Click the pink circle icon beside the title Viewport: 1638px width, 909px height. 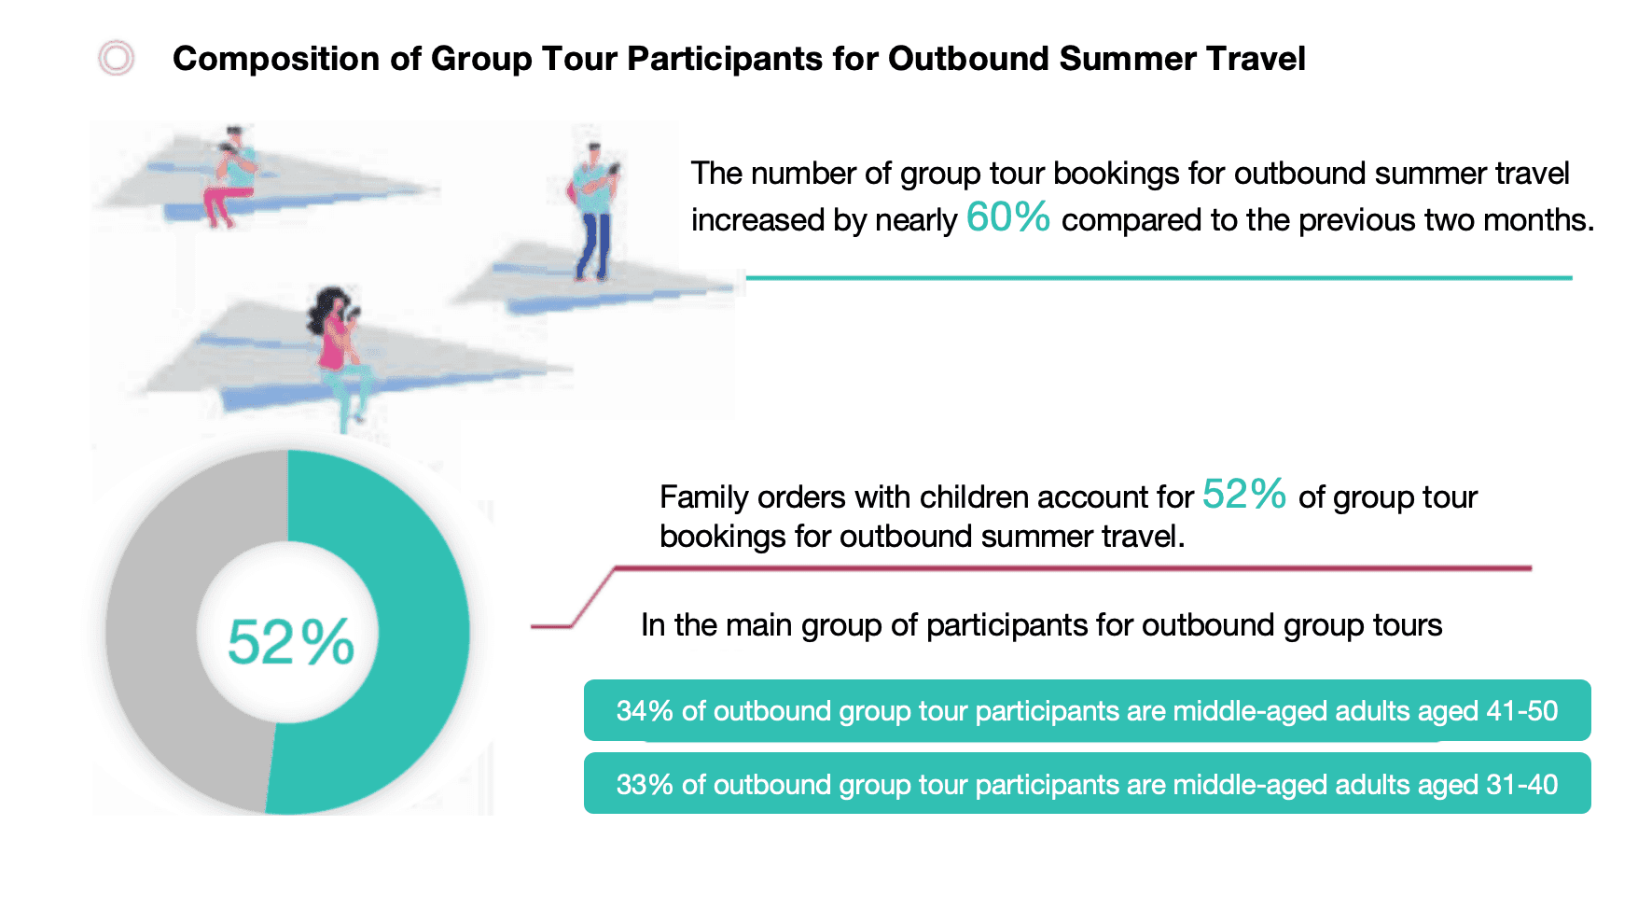[x=117, y=58]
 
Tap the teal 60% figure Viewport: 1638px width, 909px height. [x=1007, y=217]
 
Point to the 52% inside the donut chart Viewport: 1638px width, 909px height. [x=291, y=642]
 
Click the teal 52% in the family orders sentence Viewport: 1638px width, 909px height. [x=1244, y=495]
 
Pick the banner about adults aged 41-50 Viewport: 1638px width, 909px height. [x=1087, y=710]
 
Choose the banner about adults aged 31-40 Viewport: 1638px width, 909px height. [x=1087, y=784]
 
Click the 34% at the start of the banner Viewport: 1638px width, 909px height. [x=645, y=711]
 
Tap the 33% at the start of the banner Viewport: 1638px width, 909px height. [x=645, y=785]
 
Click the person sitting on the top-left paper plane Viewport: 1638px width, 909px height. [x=230, y=177]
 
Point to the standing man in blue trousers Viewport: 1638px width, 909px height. [x=593, y=213]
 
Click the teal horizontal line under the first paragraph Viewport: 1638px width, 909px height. [x=1159, y=278]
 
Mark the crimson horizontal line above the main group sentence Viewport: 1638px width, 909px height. [x=1073, y=567]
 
